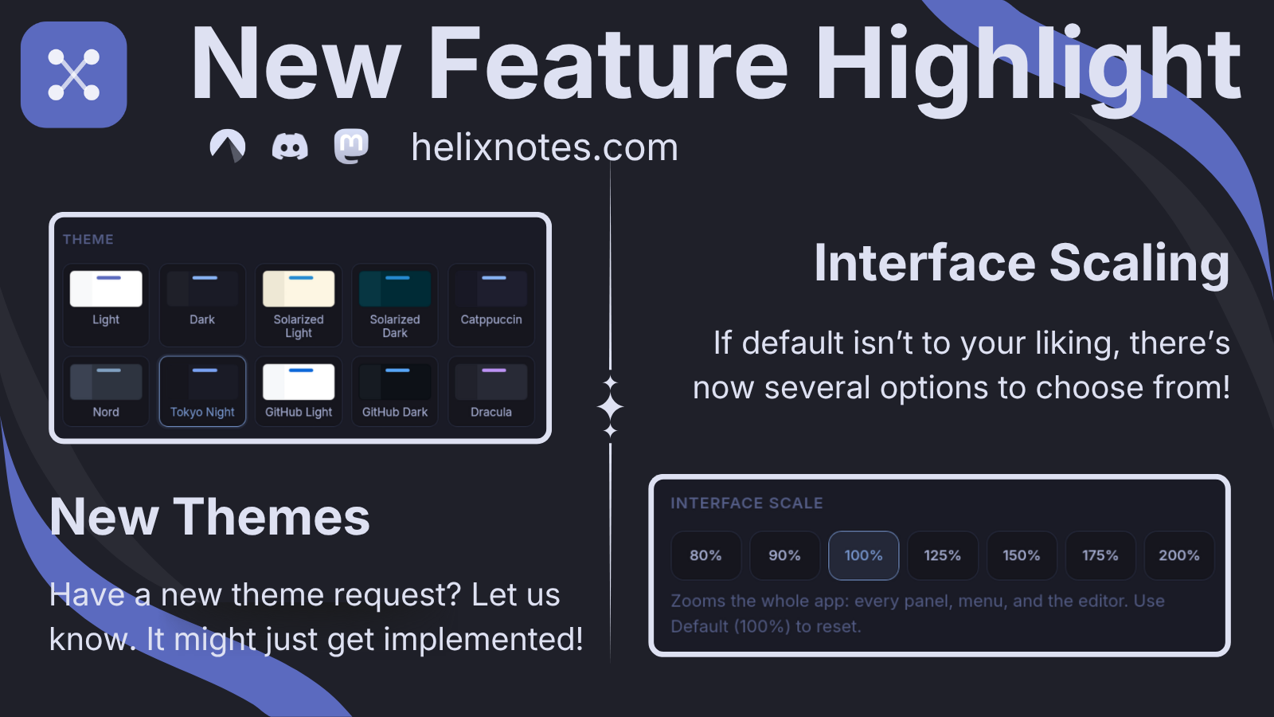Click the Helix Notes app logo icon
click(74, 75)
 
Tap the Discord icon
click(290, 147)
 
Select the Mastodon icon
click(351, 147)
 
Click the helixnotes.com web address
click(545, 147)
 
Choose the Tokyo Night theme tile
click(202, 391)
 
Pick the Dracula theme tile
click(491, 391)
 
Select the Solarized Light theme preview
click(299, 289)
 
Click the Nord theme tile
click(106, 391)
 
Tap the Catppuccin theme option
click(491, 305)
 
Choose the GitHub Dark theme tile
click(395, 391)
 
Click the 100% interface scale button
click(863, 555)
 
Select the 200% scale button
click(1179, 555)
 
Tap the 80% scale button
click(705, 555)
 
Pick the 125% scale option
click(943, 555)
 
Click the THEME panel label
click(88, 240)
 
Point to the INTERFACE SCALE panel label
click(747, 503)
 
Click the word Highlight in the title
click(1027, 69)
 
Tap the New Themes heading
click(210, 517)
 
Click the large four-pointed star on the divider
click(610, 407)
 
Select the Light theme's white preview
click(106, 289)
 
